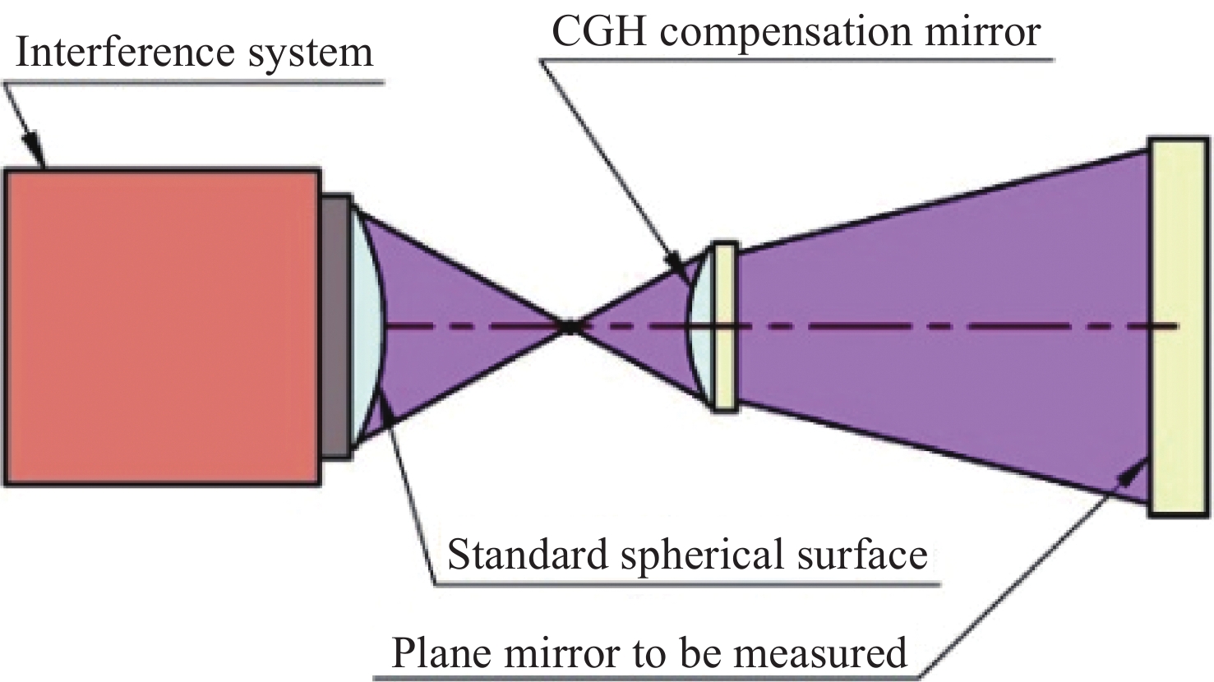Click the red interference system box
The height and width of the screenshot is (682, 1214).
(162, 326)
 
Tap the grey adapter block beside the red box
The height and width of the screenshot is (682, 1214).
(335, 326)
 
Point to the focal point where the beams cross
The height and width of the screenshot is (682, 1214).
(569, 326)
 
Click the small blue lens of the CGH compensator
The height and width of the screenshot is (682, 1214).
(699, 326)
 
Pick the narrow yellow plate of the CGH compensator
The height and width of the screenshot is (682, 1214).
(724, 326)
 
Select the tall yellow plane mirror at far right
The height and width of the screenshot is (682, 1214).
(1177, 326)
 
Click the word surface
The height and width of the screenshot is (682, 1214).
(862, 555)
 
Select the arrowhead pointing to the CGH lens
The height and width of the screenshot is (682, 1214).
(683, 267)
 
